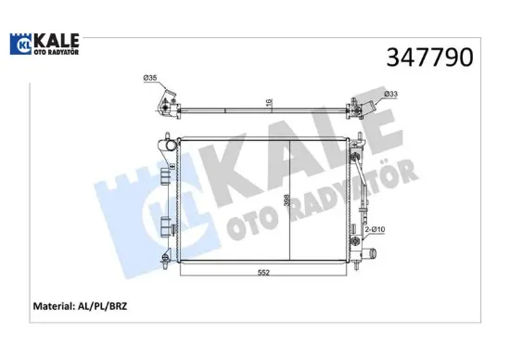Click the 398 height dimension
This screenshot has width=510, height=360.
click(286, 199)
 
